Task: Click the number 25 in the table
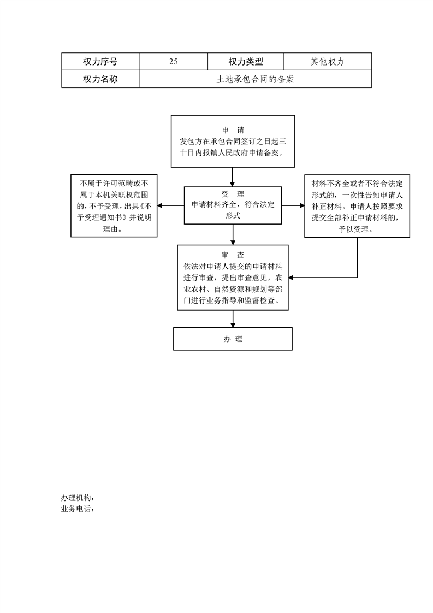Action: point(174,61)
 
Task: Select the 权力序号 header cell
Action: point(100,61)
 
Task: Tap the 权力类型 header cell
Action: point(246,61)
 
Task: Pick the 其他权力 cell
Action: point(328,61)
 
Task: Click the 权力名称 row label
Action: point(100,79)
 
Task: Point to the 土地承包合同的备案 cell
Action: point(255,79)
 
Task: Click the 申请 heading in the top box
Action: point(233,130)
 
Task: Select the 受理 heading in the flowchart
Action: point(233,194)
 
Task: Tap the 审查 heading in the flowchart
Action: point(233,255)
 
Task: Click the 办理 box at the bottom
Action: point(233,339)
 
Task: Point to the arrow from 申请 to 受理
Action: point(233,177)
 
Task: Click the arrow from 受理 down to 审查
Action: point(233,234)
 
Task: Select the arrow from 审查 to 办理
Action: point(233,319)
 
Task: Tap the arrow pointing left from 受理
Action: point(171,205)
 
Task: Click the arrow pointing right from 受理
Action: point(293,205)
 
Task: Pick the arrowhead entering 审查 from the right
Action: point(290,278)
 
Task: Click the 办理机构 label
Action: point(78,498)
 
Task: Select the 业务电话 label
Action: point(78,509)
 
